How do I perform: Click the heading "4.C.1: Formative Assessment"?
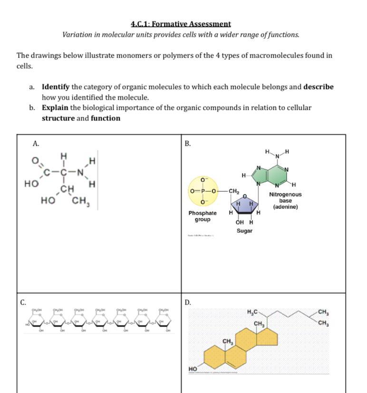click(181, 24)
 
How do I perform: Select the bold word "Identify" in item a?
click(56, 87)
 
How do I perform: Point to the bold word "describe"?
click(319, 87)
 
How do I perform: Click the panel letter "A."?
click(36, 143)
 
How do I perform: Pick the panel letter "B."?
click(188, 144)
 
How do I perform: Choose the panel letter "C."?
click(23, 302)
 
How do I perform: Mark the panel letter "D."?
click(188, 302)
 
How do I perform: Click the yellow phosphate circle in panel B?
click(203, 191)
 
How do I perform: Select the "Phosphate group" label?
click(202, 216)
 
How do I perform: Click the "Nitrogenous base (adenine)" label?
click(285, 201)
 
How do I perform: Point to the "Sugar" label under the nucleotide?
click(244, 231)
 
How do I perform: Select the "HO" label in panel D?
click(193, 369)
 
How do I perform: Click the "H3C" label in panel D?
click(252, 312)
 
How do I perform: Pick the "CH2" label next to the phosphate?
click(234, 191)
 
